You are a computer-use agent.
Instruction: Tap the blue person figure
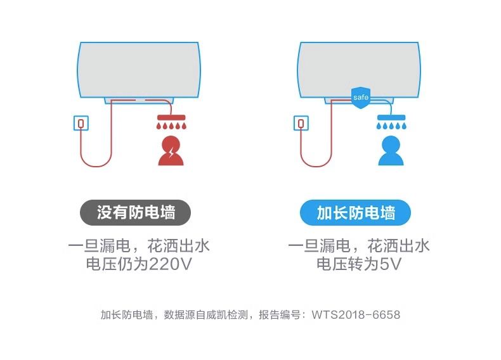coord(391,153)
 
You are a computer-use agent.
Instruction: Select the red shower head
coord(171,118)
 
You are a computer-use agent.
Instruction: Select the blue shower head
coord(391,118)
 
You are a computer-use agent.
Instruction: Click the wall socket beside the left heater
coord(81,122)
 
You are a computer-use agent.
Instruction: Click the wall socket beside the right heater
coord(301,122)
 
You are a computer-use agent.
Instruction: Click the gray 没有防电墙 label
coord(135,213)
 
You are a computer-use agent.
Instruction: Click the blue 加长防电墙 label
coord(355,213)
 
